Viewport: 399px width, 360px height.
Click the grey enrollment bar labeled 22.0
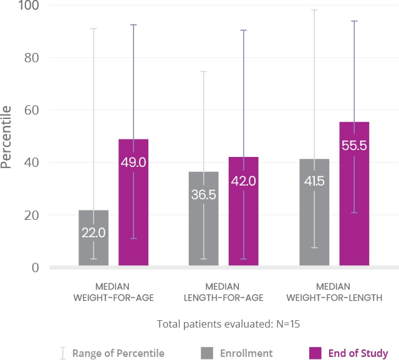[x=94, y=239]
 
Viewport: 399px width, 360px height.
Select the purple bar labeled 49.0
[x=133, y=203]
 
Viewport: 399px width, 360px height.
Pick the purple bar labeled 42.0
[x=243, y=212]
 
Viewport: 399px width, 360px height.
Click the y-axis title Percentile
[x=7, y=137]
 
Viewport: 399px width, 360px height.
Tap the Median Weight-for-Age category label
[x=113, y=292]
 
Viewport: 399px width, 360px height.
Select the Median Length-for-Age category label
[x=224, y=292]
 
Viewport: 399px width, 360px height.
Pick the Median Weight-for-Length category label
[x=334, y=292]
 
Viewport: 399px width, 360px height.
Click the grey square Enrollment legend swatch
[x=206, y=353]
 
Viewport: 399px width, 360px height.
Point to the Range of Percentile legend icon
[x=62, y=353]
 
